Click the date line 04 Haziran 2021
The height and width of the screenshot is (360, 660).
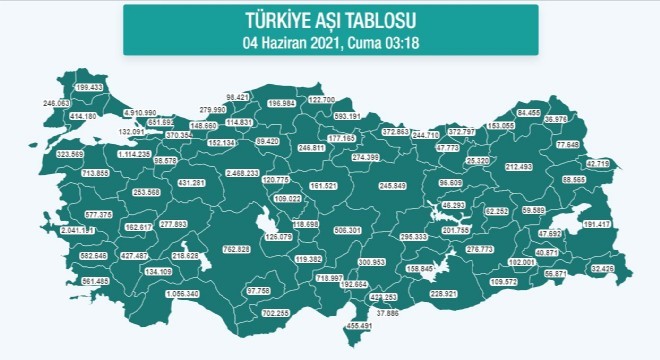tap(330, 41)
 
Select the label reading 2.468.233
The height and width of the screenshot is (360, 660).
tap(242, 173)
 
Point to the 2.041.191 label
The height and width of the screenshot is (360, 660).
tap(78, 230)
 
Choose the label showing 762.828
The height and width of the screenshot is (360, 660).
tap(236, 248)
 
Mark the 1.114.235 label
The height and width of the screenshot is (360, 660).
tap(134, 155)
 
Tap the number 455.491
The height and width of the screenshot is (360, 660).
tap(358, 326)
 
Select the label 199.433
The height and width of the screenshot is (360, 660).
tap(89, 87)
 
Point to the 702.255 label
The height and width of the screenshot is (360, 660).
tap(275, 313)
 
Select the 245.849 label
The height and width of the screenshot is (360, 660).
tap(392, 186)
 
